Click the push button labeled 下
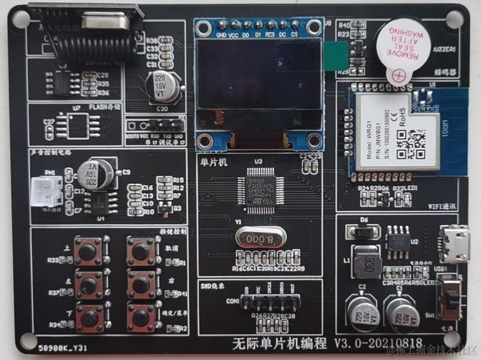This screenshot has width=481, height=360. pyautogui.click(x=90, y=316)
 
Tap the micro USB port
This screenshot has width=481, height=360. pyautogui.click(x=455, y=244)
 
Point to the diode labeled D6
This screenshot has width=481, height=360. pyautogui.click(x=364, y=232)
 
